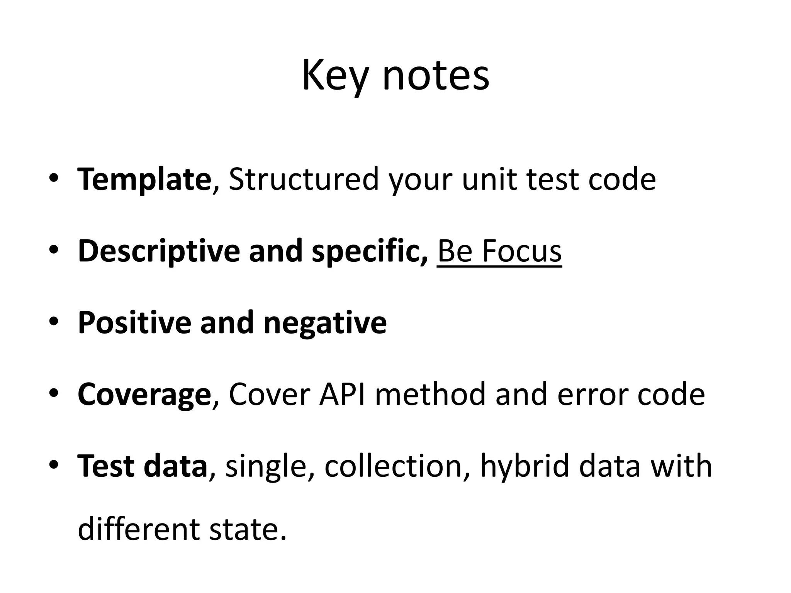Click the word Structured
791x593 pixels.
click(304, 179)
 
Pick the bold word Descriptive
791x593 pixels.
click(158, 251)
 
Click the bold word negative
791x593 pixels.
click(324, 323)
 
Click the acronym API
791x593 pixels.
click(342, 395)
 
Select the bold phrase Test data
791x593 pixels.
click(142, 466)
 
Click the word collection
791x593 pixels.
click(393, 466)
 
